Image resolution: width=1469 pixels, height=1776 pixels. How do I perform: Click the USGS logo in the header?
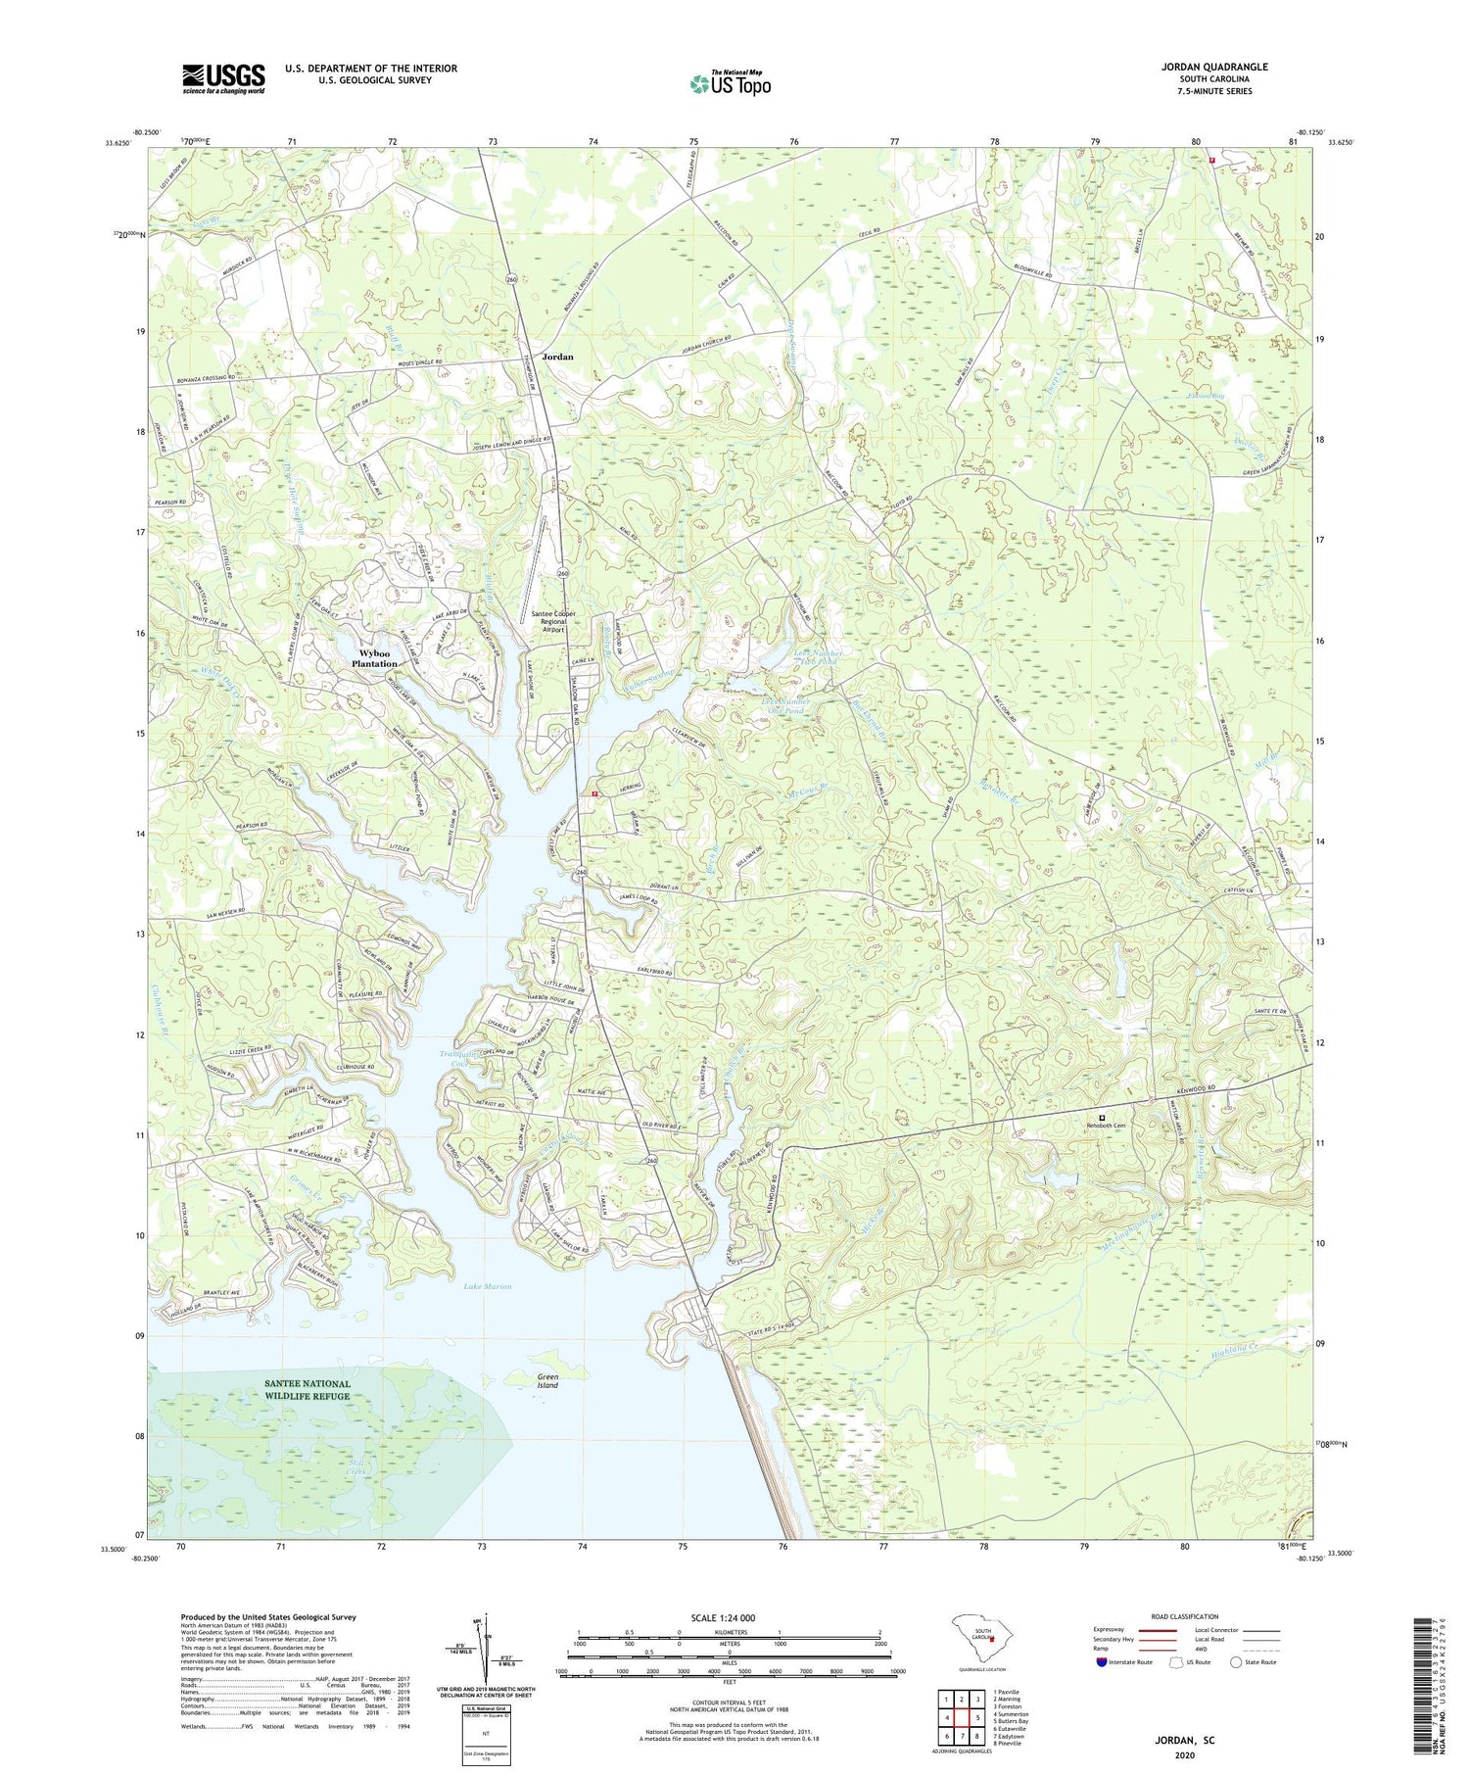223,78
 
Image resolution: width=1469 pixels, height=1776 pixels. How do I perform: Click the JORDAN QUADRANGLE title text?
1214,67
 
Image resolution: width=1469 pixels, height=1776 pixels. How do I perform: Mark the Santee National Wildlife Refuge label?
307,1390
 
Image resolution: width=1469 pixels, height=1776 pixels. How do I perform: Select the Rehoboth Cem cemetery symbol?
1102,1118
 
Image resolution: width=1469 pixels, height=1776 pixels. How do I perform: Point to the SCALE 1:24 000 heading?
730,1617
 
